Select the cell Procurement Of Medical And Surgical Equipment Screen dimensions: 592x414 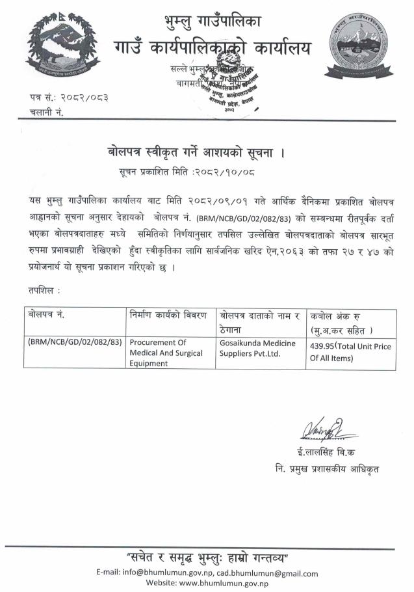(166, 353)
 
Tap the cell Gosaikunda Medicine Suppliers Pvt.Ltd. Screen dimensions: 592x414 (257, 348)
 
